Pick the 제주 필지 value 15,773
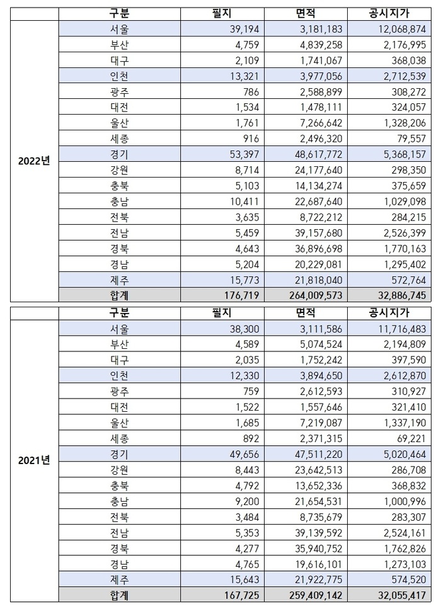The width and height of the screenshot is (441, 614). (241, 280)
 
